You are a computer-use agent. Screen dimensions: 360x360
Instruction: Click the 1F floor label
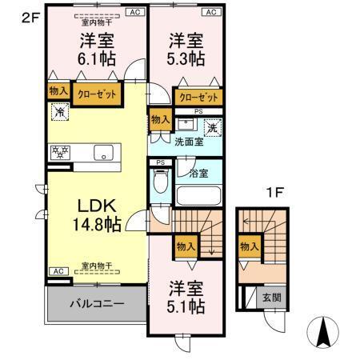tap(276, 193)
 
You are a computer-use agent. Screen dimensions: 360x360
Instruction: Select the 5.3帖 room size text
tap(186, 59)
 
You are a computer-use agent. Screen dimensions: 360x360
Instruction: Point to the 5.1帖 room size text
tap(186, 306)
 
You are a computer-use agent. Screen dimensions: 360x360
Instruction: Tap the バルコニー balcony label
tap(95, 305)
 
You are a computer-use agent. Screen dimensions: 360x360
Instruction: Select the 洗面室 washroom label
tap(189, 142)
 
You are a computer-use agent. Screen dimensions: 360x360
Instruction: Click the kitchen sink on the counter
tap(103, 153)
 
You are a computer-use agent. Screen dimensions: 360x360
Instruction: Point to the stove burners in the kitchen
tap(60, 152)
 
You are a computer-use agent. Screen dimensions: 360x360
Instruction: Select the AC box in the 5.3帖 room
tap(211, 12)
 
